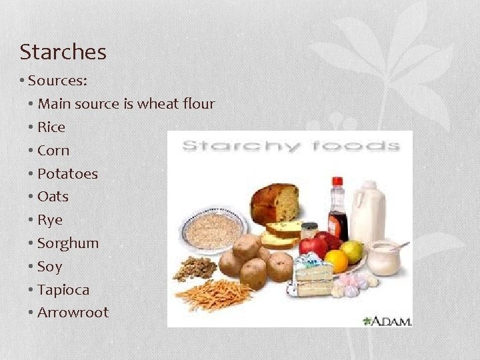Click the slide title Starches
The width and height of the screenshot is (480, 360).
click(63, 51)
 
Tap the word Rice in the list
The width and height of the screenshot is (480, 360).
click(51, 127)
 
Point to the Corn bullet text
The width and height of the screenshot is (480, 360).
click(53, 150)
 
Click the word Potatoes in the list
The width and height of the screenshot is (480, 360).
click(67, 173)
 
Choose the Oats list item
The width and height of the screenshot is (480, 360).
click(53, 197)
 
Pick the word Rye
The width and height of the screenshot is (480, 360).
click(50, 220)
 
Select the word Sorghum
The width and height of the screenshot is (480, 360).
click(68, 243)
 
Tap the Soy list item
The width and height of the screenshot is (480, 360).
click(49, 267)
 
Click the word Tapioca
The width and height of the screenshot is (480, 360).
click(63, 290)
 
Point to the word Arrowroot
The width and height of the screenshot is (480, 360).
click(73, 313)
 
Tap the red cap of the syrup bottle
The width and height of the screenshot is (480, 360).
click(337, 182)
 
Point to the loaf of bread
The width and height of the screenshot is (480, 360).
click(275, 203)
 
